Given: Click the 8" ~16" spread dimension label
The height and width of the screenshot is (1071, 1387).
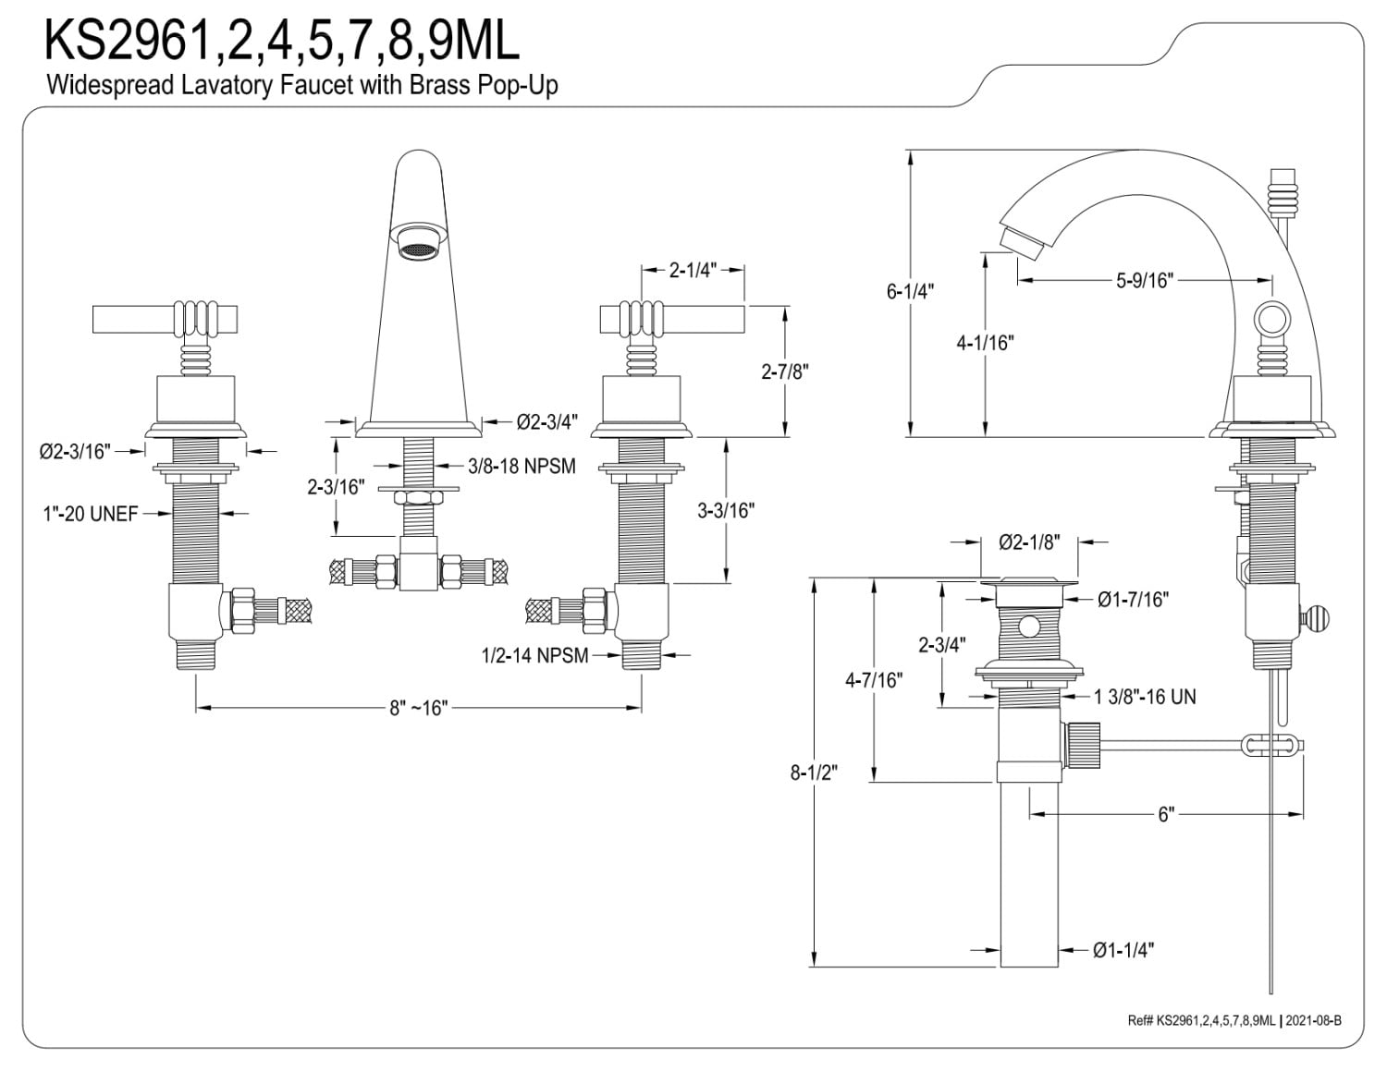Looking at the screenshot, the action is (419, 708).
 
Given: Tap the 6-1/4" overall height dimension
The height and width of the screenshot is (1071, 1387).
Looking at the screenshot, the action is (910, 291).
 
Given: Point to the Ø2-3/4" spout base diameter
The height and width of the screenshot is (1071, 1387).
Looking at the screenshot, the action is (547, 421).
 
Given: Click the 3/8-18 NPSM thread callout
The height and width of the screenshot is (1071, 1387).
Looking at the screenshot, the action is (522, 467).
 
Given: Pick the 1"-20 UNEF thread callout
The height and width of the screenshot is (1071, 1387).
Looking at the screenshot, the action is (90, 514).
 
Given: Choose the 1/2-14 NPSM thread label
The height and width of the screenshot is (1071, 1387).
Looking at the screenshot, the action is (534, 655).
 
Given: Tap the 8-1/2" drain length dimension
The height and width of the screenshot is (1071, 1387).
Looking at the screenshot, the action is (814, 773).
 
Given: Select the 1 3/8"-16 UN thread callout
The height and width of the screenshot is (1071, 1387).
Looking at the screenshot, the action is (1145, 697).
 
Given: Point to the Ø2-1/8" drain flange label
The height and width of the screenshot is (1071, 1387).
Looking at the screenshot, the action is (1029, 542).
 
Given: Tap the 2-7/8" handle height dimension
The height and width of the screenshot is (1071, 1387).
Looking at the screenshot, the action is (784, 371).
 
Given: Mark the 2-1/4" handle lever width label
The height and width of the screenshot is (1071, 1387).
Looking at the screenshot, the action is (693, 271).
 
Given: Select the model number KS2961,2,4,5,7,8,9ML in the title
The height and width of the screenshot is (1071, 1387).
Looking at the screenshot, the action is (281, 40).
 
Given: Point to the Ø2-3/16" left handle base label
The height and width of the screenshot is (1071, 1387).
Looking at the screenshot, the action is (75, 452).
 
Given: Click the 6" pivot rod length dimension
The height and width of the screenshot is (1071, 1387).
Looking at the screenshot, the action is (1166, 815).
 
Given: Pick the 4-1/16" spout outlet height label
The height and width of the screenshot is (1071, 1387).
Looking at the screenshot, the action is (985, 343).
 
